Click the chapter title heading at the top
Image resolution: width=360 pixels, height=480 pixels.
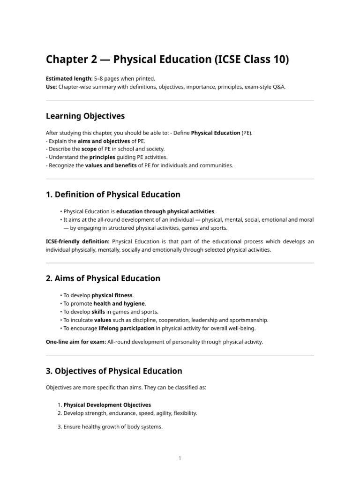(167, 60)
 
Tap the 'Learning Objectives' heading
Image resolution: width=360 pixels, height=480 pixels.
(85, 116)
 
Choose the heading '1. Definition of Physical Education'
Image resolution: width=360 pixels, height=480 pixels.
(113, 195)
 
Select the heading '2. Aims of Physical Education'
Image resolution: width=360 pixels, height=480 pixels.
(103, 278)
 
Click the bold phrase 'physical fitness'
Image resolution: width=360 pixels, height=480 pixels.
(112, 295)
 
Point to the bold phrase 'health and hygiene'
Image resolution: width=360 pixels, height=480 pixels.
(119, 303)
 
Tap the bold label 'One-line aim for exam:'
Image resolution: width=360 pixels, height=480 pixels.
(75, 342)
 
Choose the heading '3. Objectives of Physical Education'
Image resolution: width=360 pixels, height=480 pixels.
(114, 371)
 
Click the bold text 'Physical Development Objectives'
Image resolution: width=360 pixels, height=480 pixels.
(107, 405)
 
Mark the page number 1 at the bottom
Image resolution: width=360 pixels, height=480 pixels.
(180, 458)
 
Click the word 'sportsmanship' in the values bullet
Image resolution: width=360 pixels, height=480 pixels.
(251, 320)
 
